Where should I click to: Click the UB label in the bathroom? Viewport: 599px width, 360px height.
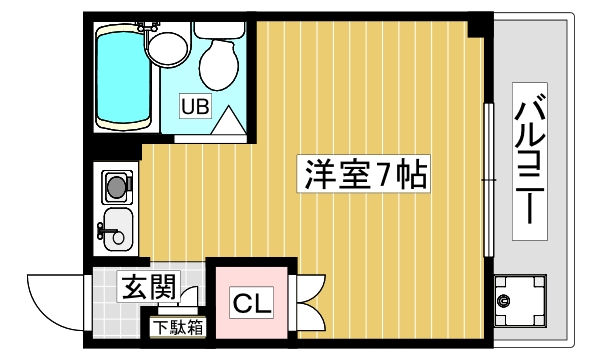click(195, 106)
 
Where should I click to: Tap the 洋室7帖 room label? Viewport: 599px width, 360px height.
click(363, 174)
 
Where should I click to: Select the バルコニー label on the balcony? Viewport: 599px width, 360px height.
click(529, 161)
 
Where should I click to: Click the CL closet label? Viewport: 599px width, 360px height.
click(251, 303)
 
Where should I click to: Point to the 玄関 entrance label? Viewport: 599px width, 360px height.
click(148, 287)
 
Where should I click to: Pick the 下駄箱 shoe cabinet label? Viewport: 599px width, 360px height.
click(178, 328)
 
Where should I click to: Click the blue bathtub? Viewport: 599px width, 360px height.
click(123, 76)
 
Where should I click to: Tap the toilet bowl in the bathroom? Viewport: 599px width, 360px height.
click(219, 65)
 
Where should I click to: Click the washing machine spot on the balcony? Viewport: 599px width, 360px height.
click(520, 301)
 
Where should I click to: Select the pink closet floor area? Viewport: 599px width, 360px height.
click(251, 303)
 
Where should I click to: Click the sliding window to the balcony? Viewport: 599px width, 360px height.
click(489, 180)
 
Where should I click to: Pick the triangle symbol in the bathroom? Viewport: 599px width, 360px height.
click(228, 122)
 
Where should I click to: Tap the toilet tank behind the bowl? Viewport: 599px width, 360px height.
click(219, 30)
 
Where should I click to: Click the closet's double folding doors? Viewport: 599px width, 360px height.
click(309, 303)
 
